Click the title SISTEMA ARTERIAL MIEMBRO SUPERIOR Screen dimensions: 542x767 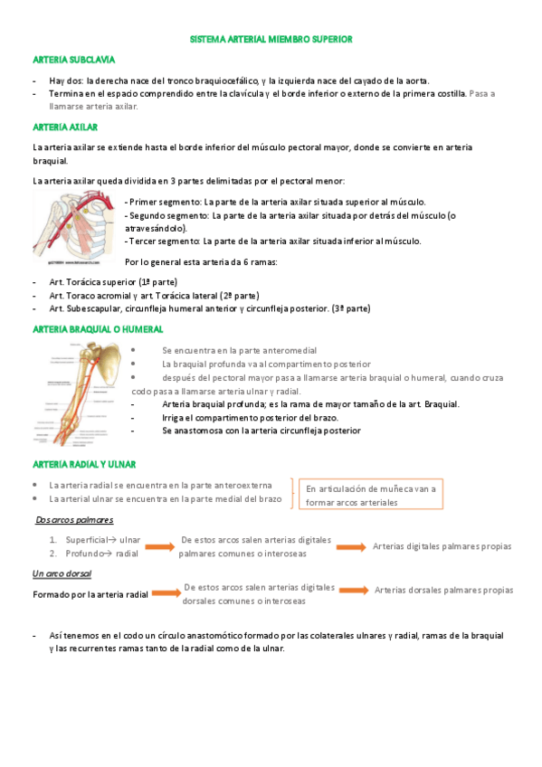tap(271, 40)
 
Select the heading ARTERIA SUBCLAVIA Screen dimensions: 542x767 tap(73, 60)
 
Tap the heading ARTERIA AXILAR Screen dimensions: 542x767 tap(65, 127)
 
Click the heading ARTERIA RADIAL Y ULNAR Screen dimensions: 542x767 tap(83, 464)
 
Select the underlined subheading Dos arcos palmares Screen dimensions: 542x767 tap(75, 520)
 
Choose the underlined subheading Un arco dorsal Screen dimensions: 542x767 tap(62, 574)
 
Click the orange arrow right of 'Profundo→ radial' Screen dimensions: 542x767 tap(160, 547)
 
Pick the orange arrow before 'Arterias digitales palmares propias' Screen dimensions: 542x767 tap(351, 546)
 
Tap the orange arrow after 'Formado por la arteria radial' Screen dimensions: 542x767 tap(164, 594)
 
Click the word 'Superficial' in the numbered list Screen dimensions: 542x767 tap(86, 539)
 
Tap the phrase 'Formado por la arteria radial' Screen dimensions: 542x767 tap(90, 595)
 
